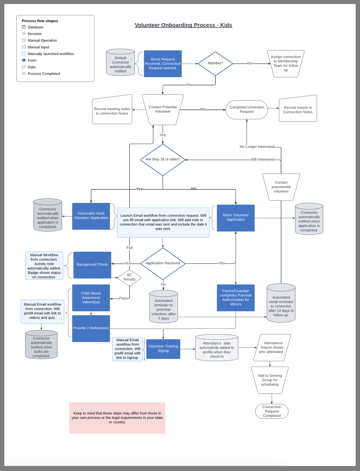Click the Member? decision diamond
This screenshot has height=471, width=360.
pyautogui.click(x=215, y=63)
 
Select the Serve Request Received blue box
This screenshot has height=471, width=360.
pyautogui.click(x=163, y=64)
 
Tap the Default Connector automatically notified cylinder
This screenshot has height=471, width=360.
pyautogui.click(x=120, y=63)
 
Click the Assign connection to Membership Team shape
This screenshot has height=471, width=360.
pyautogui.click(x=285, y=64)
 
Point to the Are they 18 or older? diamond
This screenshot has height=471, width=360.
pyautogui.click(x=163, y=160)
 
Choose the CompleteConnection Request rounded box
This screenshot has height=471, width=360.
pyautogui.click(x=247, y=109)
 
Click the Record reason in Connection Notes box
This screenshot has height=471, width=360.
pyautogui.click(x=298, y=109)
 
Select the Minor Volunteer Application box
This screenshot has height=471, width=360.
pyautogui.click(x=236, y=218)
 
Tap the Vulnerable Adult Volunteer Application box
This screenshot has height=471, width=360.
pyautogui.click(x=91, y=216)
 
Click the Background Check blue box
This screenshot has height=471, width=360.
pyautogui.click(x=92, y=265)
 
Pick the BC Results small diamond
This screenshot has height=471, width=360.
pyautogui.click(x=129, y=278)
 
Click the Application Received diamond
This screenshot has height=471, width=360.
pyautogui.click(x=163, y=263)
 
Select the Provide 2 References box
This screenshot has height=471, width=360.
pyautogui.click(x=91, y=328)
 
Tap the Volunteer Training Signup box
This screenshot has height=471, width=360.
pyautogui.click(x=163, y=349)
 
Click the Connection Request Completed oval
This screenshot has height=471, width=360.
pyautogui.click(x=272, y=411)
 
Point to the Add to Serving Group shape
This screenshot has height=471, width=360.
pyautogui.click(x=270, y=380)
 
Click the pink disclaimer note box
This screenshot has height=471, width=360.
pyautogui.click(x=117, y=418)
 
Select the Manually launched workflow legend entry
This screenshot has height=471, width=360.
pyautogui.click(x=51, y=54)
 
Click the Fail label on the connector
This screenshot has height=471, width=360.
pyautogui.click(x=129, y=248)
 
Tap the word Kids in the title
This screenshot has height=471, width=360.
pyautogui.click(x=226, y=25)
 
